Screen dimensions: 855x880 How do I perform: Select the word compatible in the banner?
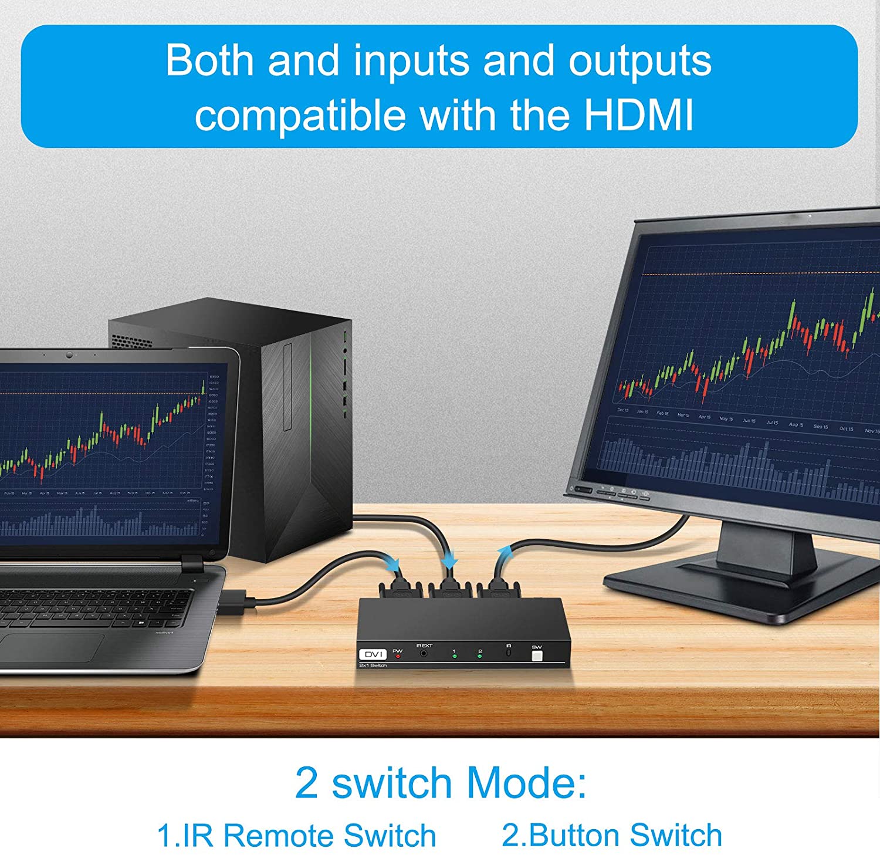[x=300, y=115]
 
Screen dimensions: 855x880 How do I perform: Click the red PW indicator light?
[x=398, y=656]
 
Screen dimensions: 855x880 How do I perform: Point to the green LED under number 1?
[x=454, y=657]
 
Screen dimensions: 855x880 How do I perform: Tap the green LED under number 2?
[x=480, y=657]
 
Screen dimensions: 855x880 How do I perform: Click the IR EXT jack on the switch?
[x=424, y=653]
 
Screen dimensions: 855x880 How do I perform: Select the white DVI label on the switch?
[x=373, y=654]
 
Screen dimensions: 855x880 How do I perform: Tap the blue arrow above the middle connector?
[x=449, y=560]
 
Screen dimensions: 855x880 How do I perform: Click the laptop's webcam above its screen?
[x=70, y=355]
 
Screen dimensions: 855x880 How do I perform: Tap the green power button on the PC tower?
[x=345, y=336]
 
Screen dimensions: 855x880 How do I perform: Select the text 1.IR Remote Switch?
[x=296, y=835]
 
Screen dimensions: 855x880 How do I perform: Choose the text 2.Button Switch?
[x=612, y=835]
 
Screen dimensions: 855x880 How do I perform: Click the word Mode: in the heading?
[x=526, y=783]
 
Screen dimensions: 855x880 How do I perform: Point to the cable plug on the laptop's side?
[x=237, y=603]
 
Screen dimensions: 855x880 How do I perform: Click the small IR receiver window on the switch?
[x=509, y=653]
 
